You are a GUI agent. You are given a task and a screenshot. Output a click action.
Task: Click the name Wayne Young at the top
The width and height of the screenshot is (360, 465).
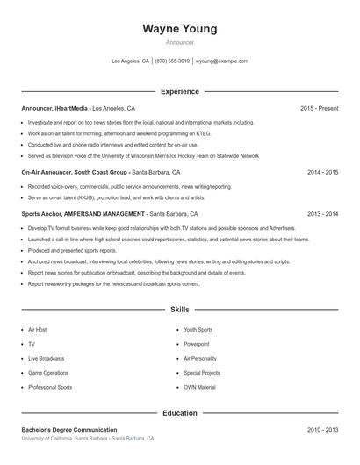pos(179,29)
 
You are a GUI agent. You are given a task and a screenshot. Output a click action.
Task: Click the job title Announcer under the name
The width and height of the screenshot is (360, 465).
pos(179,42)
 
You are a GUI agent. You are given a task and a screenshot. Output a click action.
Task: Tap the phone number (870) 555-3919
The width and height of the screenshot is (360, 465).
pos(174,61)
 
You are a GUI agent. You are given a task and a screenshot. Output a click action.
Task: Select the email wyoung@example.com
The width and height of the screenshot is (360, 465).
pos(221,61)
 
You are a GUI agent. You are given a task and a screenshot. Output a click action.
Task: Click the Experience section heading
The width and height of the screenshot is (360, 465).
pos(179,91)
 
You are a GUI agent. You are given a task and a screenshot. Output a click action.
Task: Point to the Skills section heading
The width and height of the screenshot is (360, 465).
pos(179,310)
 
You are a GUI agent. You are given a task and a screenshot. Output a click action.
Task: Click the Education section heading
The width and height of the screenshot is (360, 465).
pos(179,412)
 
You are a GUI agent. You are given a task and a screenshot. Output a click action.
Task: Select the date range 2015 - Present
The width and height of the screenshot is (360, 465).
pos(319,108)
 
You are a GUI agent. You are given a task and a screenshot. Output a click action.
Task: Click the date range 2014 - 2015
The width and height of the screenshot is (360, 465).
pos(322,173)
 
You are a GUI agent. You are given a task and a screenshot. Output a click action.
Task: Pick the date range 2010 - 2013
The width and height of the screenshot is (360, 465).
pos(322,430)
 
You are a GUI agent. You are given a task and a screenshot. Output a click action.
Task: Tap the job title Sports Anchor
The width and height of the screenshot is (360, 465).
pos(41,214)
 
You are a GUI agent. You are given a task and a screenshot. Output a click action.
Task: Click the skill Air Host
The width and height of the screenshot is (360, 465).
pos(37,330)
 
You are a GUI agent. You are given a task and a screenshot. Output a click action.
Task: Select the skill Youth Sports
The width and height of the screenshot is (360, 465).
pos(198,330)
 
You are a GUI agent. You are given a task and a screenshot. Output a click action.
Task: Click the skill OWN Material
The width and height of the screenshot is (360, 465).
pos(199,387)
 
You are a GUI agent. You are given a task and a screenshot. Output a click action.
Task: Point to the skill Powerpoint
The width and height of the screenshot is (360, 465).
pos(197,344)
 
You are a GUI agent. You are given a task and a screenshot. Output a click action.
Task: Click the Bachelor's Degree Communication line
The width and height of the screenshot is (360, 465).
pos(69,430)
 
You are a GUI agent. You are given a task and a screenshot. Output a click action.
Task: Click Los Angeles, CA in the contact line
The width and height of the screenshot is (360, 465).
pos(131,61)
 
